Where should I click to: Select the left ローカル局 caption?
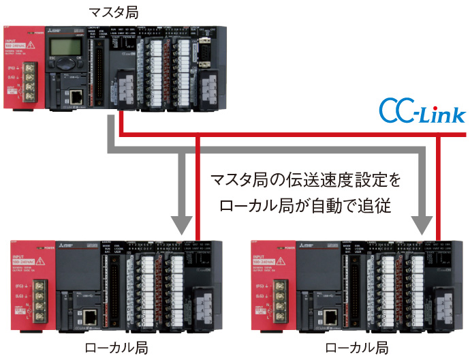point(111,348)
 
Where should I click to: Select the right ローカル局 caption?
point(357,348)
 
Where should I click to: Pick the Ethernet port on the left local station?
point(89,316)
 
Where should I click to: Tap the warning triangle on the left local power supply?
point(43,262)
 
